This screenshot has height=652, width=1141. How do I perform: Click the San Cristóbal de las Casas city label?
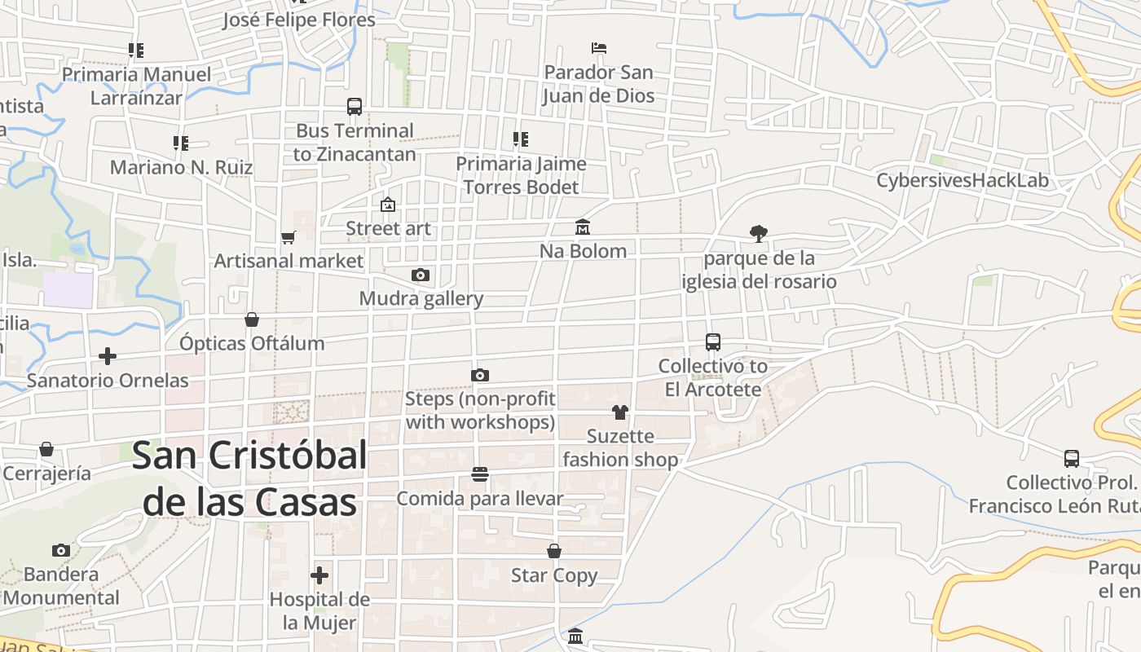coord(249,478)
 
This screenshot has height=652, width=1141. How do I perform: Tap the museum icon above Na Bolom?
coord(583,227)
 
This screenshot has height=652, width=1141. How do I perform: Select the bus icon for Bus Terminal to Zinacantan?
coord(355,107)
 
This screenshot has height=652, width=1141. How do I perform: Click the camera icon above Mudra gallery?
coord(421,275)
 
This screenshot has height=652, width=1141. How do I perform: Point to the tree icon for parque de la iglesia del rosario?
coord(759,234)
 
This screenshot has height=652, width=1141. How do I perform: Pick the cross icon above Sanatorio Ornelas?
coord(108,356)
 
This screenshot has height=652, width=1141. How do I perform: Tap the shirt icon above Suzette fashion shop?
coord(620,412)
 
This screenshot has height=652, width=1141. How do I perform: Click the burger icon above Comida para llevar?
coord(480,474)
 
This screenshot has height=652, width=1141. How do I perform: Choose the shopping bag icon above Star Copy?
coord(554,552)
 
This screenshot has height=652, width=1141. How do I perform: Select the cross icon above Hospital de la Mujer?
coord(319,575)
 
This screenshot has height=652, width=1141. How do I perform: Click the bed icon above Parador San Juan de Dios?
coord(599,48)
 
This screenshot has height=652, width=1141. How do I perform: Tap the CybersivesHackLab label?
coord(962,180)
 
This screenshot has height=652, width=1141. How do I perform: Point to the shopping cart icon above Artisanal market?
coord(288,238)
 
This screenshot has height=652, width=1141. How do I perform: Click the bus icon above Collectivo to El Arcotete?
coord(713,342)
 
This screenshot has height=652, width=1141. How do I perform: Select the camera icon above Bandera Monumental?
coord(61,550)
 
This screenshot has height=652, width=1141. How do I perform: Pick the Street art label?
coord(388,228)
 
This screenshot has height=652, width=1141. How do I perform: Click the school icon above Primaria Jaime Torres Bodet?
coord(521,139)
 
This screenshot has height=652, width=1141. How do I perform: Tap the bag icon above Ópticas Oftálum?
coord(252,319)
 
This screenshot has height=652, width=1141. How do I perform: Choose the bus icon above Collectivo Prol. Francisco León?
coord(1072,459)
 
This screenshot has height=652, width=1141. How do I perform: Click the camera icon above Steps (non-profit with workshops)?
coord(480,376)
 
